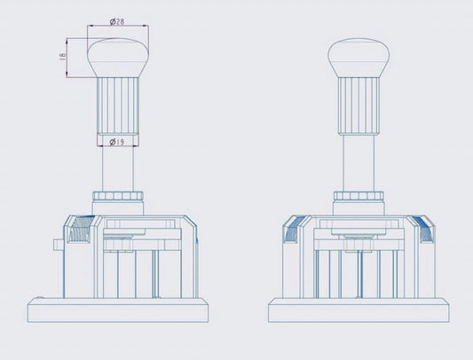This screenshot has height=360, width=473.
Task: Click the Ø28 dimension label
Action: (117, 21)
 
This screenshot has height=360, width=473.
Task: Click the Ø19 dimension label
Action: (117, 141)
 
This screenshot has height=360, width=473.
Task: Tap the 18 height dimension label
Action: (62, 57)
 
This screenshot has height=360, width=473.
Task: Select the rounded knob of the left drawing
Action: (118, 58)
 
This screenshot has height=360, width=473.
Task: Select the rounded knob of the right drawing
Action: (359, 58)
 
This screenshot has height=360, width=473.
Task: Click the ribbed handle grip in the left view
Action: (118, 106)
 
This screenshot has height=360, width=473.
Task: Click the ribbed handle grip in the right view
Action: (359, 106)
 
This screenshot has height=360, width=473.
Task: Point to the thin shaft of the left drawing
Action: (118, 168)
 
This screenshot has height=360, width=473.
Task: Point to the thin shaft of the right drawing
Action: (359, 163)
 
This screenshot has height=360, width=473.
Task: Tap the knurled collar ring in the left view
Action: (118, 196)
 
